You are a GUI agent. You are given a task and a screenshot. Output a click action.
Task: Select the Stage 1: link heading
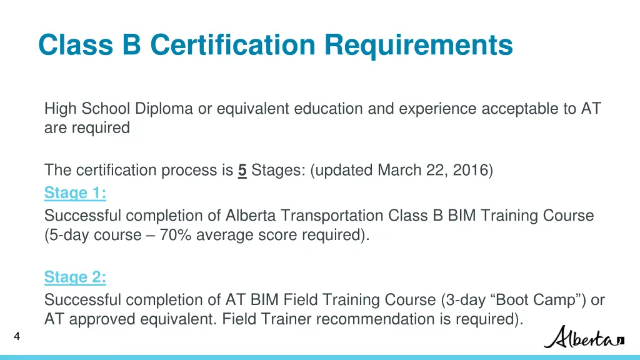(x=75, y=194)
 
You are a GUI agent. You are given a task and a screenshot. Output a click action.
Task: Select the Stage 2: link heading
(x=75, y=277)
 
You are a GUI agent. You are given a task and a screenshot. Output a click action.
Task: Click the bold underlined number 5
(x=242, y=171)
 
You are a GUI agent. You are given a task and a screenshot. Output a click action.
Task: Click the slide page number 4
(x=17, y=337)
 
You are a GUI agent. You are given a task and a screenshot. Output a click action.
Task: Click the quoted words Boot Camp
(x=549, y=300)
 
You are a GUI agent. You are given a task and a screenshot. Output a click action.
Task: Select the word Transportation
(x=332, y=216)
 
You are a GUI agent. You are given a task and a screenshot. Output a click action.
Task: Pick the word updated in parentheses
(x=342, y=171)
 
